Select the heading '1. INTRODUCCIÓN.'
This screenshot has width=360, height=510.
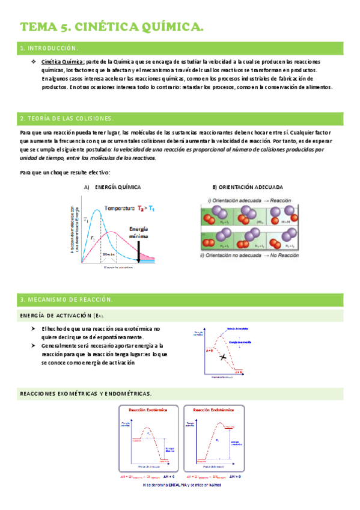(49, 48)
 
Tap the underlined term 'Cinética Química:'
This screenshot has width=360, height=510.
(63, 62)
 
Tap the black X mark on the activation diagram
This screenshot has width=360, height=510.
(223, 357)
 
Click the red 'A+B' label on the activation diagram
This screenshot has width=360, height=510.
(209, 349)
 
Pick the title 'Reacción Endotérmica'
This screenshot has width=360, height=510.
(214, 410)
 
